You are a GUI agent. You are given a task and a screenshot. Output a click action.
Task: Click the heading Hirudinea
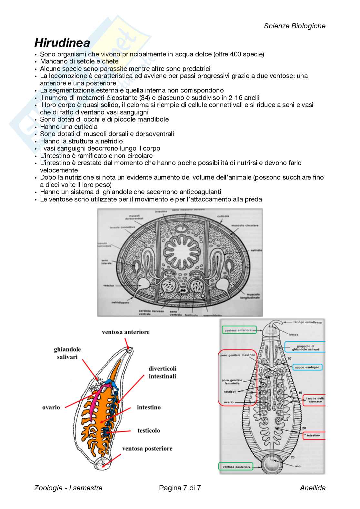[62, 43]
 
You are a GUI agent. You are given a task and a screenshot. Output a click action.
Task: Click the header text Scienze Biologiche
[295, 26]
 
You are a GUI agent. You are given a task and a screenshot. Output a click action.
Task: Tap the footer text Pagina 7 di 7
[180, 488]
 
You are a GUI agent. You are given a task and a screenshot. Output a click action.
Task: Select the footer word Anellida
[312, 488]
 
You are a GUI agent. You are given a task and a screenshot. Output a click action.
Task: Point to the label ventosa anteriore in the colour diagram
[125, 332]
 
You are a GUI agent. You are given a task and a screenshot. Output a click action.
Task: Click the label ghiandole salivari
[67, 353]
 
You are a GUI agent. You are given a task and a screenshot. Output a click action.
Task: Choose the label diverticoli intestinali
[162, 372]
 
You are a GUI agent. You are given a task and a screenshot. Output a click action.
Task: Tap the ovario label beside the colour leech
[51, 407]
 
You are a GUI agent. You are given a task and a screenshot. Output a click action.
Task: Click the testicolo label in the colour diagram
[148, 430]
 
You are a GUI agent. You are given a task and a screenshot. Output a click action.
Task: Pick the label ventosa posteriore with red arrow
[147, 448]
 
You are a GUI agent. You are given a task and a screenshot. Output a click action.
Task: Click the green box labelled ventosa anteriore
[238, 330]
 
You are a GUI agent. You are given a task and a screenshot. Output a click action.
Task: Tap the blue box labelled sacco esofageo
[308, 367]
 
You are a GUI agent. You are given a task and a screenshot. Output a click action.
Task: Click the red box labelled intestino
[314, 435]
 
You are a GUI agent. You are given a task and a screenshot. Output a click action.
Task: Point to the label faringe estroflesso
[307, 322]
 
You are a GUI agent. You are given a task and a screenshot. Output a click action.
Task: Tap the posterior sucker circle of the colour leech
[102, 465]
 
